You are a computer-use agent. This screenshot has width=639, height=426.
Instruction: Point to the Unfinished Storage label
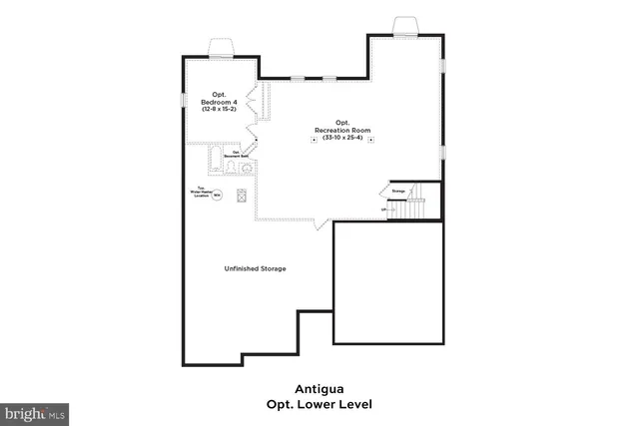[x=255, y=268]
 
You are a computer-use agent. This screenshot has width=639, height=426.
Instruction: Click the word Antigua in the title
[x=319, y=389]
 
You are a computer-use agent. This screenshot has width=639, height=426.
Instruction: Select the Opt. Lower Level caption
[x=319, y=405]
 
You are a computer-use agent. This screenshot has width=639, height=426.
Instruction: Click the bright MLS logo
[x=35, y=411]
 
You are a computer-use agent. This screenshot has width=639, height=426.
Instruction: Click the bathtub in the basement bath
[x=217, y=159]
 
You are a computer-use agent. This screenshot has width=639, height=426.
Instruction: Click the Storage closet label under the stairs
[x=397, y=190]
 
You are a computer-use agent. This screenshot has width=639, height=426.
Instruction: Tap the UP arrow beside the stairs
[x=385, y=210]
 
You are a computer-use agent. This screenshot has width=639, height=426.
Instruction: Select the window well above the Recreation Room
[x=406, y=25]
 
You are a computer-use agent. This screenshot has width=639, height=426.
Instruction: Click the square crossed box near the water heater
[x=241, y=196]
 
